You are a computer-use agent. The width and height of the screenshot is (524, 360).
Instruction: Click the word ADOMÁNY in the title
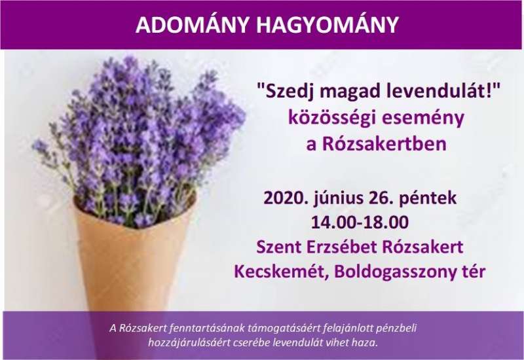(x=193, y=24)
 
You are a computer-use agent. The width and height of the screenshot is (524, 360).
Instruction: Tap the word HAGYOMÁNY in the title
(x=327, y=24)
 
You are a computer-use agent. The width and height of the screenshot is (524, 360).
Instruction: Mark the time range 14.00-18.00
(x=360, y=223)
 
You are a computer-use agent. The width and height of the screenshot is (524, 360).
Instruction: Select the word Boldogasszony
(x=396, y=272)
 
